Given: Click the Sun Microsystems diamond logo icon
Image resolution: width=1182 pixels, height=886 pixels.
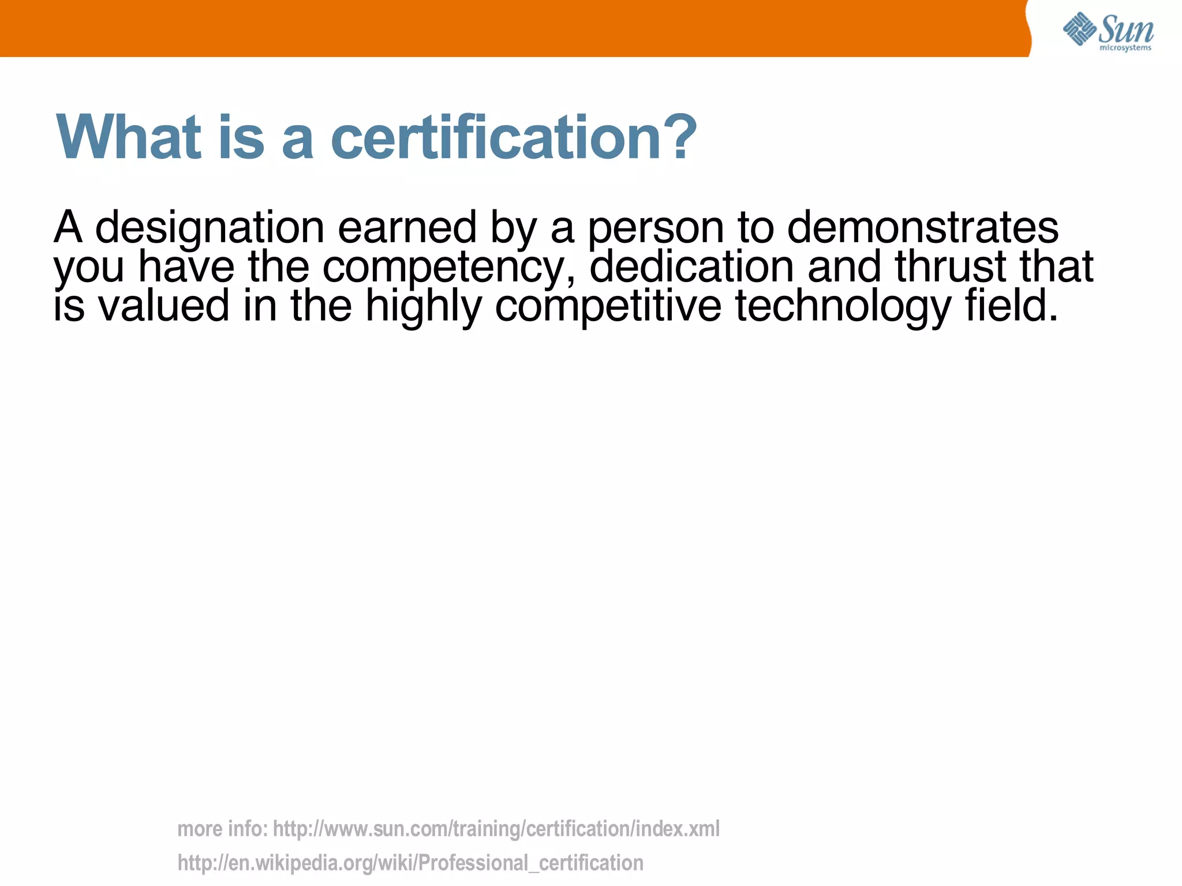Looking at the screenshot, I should pyautogui.click(x=1079, y=29).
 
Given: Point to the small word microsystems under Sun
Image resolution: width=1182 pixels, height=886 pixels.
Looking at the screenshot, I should pyautogui.click(x=1125, y=48).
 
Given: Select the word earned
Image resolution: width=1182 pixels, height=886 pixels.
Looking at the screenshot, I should pyautogui.click(x=407, y=227).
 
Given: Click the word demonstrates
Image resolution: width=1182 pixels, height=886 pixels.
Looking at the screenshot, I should pyautogui.click(x=922, y=227).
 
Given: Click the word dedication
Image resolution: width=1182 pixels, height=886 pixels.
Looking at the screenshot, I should pyautogui.click(x=691, y=266).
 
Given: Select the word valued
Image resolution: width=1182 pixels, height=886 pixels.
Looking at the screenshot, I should pyautogui.click(x=164, y=306).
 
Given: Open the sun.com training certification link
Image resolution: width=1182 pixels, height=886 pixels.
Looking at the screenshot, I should pyautogui.click(x=496, y=829).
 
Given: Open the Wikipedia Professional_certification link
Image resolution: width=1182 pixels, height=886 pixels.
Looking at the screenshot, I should pyautogui.click(x=410, y=864).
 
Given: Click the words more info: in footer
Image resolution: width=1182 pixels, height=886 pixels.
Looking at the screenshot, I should pyautogui.click(x=222, y=829).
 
